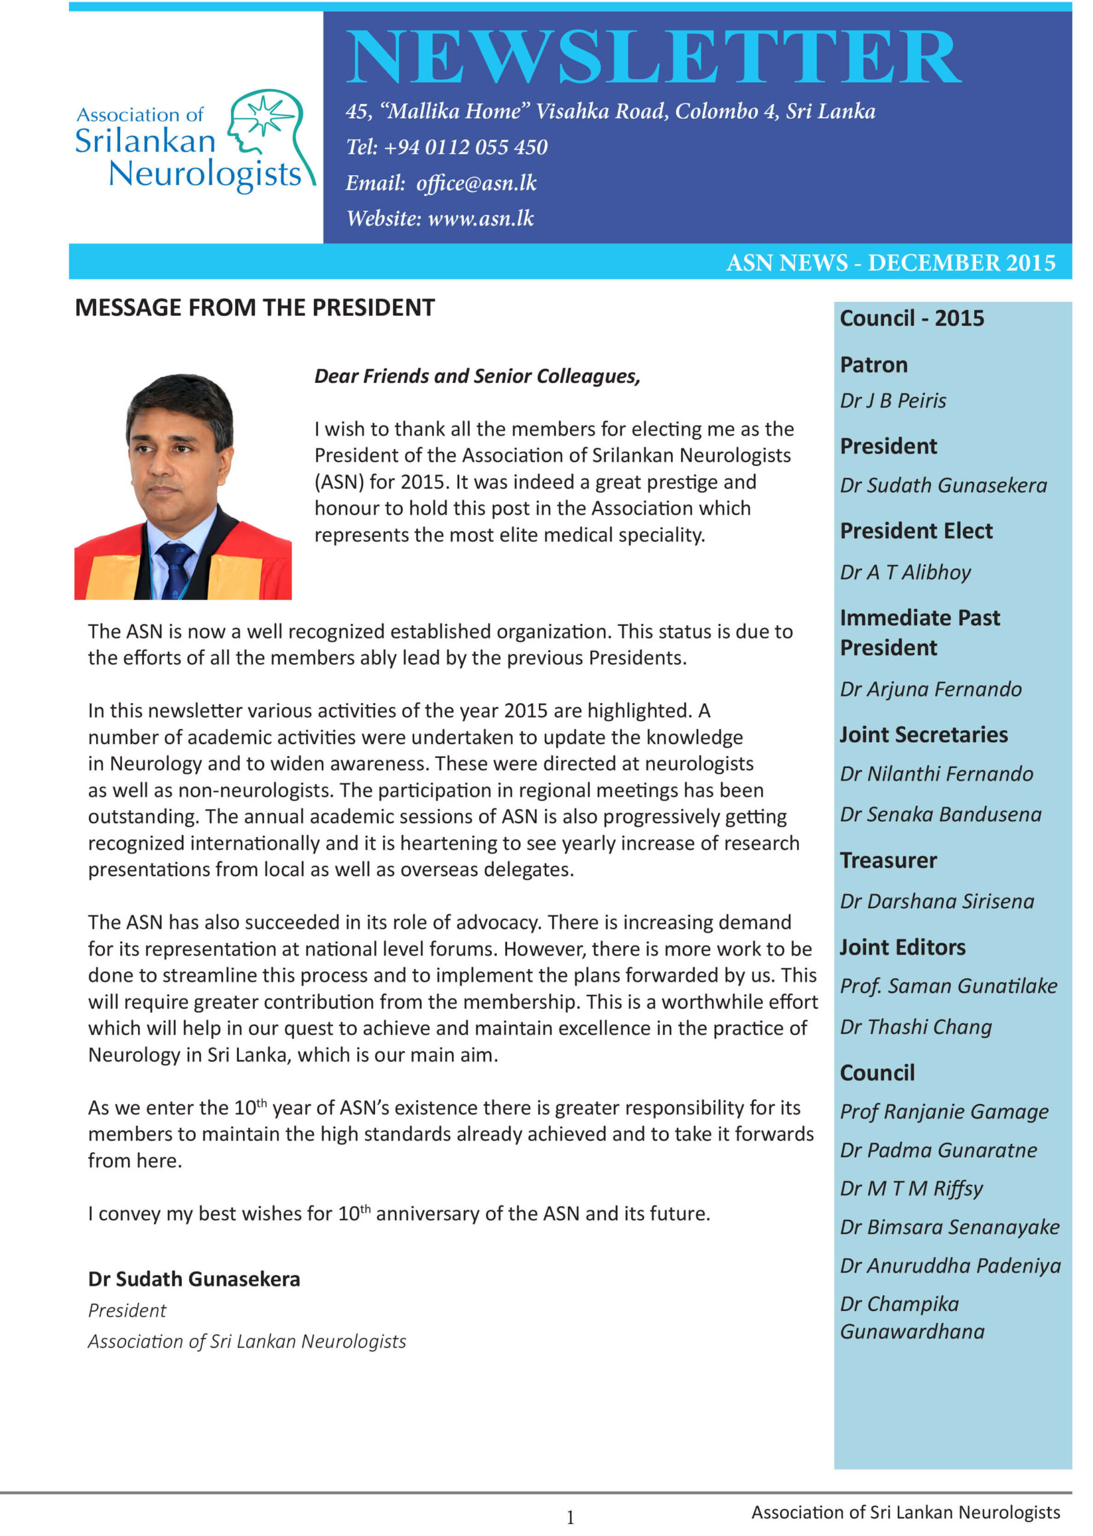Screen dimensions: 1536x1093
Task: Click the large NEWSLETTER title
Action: (653, 57)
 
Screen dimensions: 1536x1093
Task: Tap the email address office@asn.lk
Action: (476, 183)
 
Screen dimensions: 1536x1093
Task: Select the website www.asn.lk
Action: (481, 218)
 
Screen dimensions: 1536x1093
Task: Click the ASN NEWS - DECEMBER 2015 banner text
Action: (890, 263)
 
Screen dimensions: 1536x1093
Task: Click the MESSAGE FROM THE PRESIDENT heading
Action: (254, 307)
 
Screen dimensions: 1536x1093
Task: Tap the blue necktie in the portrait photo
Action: (174, 569)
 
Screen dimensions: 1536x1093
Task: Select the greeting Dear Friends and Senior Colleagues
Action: (477, 376)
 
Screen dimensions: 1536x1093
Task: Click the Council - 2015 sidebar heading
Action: (911, 318)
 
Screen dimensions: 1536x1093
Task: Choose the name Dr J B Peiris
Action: (893, 401)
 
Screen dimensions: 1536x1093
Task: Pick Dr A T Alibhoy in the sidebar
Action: (905, 572)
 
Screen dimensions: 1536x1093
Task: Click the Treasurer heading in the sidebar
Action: (888, 860)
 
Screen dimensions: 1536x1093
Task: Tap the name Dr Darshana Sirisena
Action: (936, 902)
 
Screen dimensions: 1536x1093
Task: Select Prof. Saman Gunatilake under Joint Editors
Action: (948, 986)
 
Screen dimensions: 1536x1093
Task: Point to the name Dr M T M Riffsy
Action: (911, 1189)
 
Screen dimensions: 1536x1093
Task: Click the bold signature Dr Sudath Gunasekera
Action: (194, 1279)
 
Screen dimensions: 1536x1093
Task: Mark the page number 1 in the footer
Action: (570, 1517)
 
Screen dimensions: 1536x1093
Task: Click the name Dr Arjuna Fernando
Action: (930, 689)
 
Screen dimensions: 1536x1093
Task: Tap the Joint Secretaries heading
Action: (923, 734)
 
